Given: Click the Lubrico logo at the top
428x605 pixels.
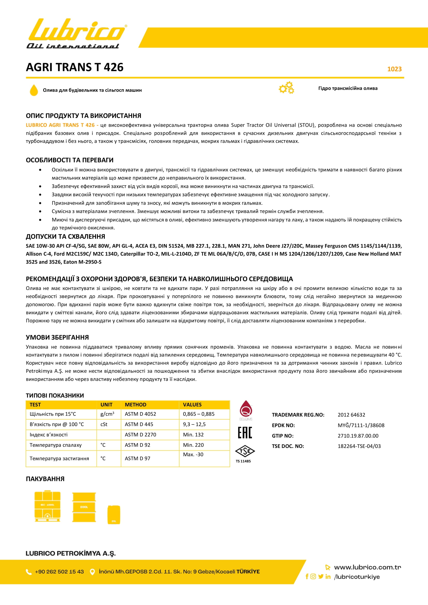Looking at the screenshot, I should (76, 33).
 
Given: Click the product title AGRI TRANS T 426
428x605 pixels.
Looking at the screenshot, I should (75, 67).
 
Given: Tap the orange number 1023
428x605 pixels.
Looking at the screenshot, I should (394, 69).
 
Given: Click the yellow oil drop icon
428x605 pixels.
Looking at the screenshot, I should (34, 90).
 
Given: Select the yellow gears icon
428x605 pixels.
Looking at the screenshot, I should (287, 88).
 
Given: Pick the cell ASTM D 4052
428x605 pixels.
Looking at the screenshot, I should (140, 414).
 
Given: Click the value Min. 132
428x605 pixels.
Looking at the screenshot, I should (193, 435).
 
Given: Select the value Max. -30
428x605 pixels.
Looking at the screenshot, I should (193, 454).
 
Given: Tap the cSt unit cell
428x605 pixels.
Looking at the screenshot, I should (104, 424).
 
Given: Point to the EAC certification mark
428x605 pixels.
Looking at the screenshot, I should (245, 432).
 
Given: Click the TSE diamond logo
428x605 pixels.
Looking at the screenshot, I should (245, 451).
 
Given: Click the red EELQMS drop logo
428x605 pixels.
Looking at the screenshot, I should (246, 409).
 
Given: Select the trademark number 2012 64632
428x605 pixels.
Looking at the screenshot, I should (351, 415).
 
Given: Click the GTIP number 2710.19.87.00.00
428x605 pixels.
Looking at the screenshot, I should (358, 436).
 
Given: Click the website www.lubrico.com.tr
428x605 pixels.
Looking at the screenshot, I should (367, 567).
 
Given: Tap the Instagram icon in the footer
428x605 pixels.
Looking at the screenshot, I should (313, 576).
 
